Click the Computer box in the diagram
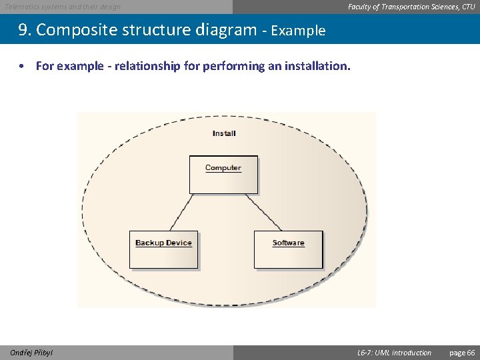pos(223,175)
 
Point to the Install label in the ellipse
pos(224,133)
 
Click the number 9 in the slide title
pos(23,30)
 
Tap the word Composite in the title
pos(75,30)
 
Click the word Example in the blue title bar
pos(298,31)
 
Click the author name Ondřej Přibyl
pos(31,353)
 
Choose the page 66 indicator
pos(462,353)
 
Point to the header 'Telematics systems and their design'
pos(63,7)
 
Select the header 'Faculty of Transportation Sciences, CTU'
pos(411,7)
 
